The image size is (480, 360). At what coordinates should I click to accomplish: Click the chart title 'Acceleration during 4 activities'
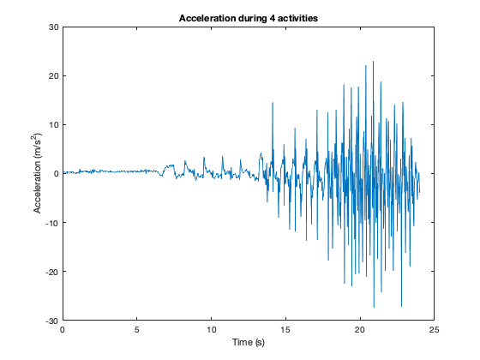click(x=249, y=18)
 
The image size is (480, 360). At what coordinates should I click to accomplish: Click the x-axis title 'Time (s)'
click(x=249, y=342)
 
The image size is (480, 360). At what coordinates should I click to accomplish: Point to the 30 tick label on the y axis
click(x=52, y=27)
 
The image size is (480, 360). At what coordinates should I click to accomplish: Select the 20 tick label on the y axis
click(x=52, y=75)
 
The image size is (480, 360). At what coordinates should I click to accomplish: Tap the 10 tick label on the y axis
click(x=52, y=124)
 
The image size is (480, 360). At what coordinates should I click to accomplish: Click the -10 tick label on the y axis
click(x=51, y=223)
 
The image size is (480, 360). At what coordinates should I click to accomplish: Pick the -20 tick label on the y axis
click(x=51, y=272)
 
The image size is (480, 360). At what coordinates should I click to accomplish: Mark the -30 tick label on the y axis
click(x=51, y=321)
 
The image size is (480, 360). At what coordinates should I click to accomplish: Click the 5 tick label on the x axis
click(x=137, y=329)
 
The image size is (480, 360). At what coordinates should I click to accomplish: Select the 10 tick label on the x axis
click(x=212, y=329)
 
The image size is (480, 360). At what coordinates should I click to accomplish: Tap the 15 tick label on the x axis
click(x=285, y=329)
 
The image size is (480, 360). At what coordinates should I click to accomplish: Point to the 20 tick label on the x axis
click(x=360, y=329)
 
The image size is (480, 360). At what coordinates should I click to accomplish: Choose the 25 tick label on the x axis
click(x=435, y=329)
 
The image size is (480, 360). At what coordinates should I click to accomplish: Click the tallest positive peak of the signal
click(x=373, y=62)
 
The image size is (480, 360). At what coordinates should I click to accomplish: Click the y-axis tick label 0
click(x=55, y=174)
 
